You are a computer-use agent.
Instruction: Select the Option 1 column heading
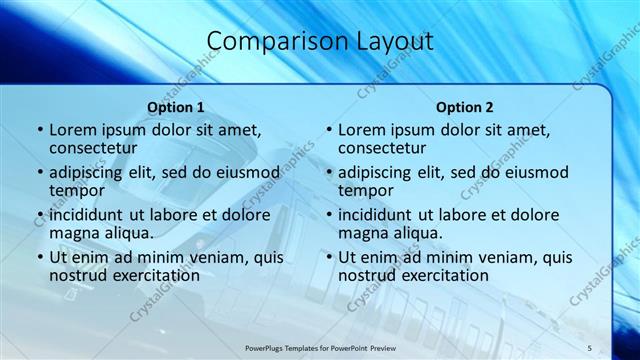pos(176,106)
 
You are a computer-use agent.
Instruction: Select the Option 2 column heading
pos(465,106)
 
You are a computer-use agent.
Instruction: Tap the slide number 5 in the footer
pos(590,347)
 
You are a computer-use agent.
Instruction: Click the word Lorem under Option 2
pos(361,130)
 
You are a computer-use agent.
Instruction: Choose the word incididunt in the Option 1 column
pos(86,215)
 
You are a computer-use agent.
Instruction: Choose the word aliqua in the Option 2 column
pos(417,233)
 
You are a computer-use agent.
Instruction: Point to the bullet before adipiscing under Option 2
pos(328,172)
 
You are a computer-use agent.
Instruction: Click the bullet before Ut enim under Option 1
pos(39,257)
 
